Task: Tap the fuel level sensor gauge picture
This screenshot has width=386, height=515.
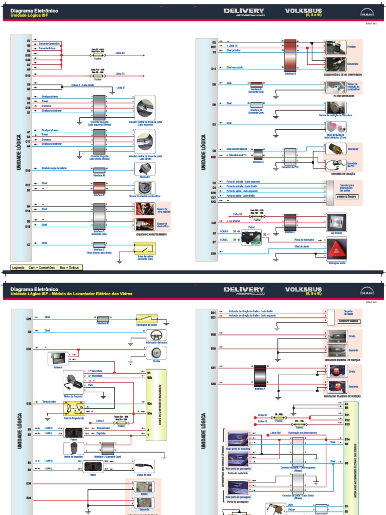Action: [x=145, y=188]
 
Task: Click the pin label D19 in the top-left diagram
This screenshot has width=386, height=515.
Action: [x=28, y=170]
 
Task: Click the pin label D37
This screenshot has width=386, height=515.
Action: [x=29, y=349]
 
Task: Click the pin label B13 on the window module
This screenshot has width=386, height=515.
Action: [x=346, y=424]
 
